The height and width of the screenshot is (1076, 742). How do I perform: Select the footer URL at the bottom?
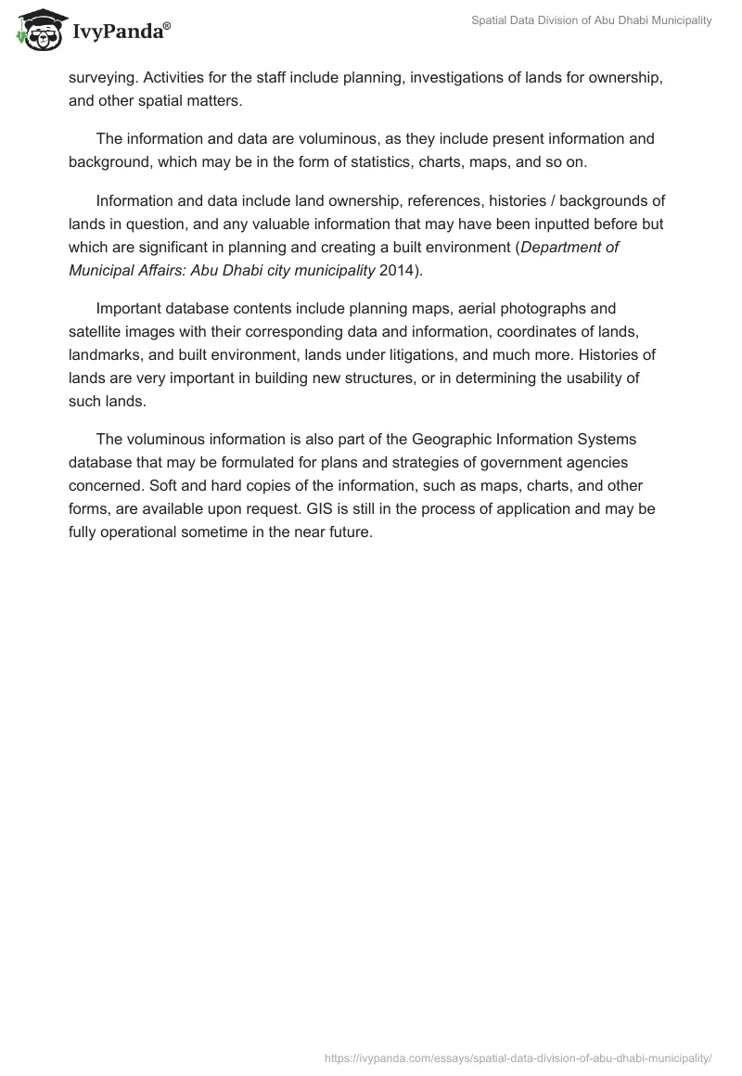(518, 1057)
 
